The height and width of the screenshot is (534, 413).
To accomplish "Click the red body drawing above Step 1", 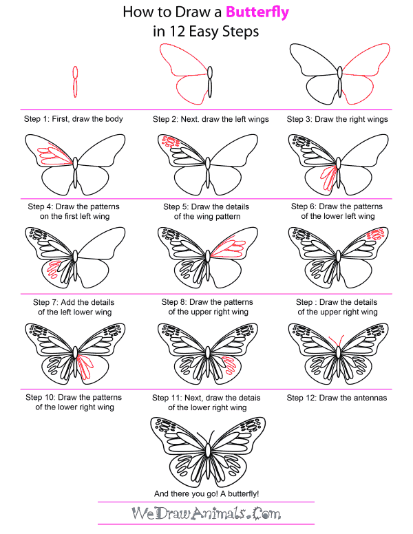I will coord(74,81).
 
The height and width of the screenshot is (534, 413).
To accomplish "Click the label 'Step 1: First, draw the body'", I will coord(74,119).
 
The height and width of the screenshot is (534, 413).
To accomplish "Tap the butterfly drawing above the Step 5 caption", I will coord(206,164).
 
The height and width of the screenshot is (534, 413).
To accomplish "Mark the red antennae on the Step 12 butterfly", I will coord(338,343).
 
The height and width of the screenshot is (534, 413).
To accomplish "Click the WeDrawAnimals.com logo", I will coord(206,515).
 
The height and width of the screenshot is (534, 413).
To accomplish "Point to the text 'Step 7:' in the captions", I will coord(47,302).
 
